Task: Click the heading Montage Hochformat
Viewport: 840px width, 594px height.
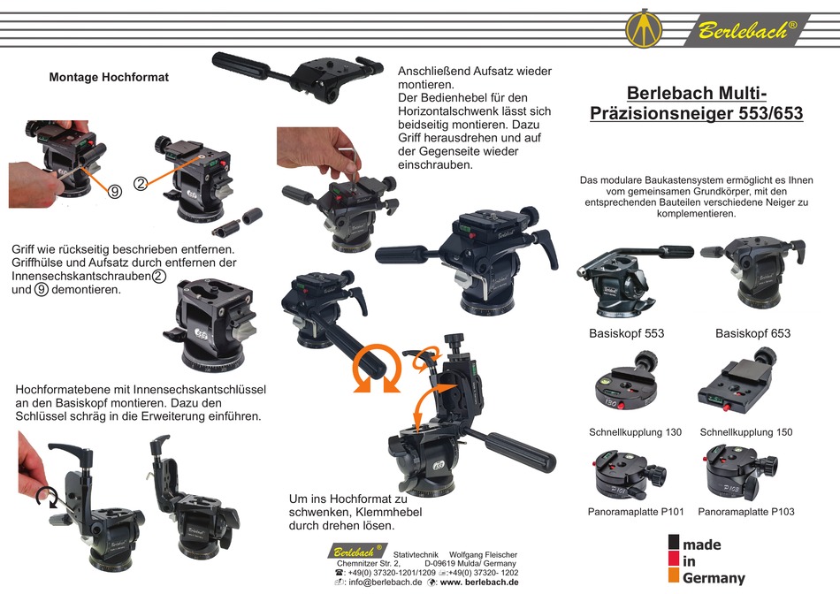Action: pyautogui.click(x=109, y=77)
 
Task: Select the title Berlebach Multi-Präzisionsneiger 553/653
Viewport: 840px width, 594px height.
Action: pyautogui.click(x=696, y=103)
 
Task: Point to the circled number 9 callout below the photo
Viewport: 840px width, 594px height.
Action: pyautogui.click(x=115, y=191)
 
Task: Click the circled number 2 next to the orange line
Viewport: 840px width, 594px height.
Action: pyautogui.click(x=141, y=184)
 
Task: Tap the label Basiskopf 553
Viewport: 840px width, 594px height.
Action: pyautogui.click(x=626, y=333)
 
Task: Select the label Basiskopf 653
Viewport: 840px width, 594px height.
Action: pyautogui.click(x=752, y=333)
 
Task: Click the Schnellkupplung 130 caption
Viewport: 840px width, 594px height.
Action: pyautogui.click(x=635, y=432)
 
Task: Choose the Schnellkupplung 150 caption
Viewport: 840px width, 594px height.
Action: pyautogui.click(x=745, y=432)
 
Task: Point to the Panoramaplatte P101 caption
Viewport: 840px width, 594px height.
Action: pyautogui.click(x=635, y=512)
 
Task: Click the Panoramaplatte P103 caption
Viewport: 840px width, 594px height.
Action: pyautogui.click(x=745, y=512)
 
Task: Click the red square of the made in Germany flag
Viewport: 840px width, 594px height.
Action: pyautogui.click(x=674, y=560)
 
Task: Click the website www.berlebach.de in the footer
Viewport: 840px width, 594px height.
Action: pyautogui.click(x=477, y=583)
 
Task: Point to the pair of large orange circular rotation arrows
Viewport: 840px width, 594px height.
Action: pyautogui.click(x=375, y=369)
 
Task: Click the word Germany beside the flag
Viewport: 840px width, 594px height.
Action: pyautogui.click(x=714, y=578)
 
